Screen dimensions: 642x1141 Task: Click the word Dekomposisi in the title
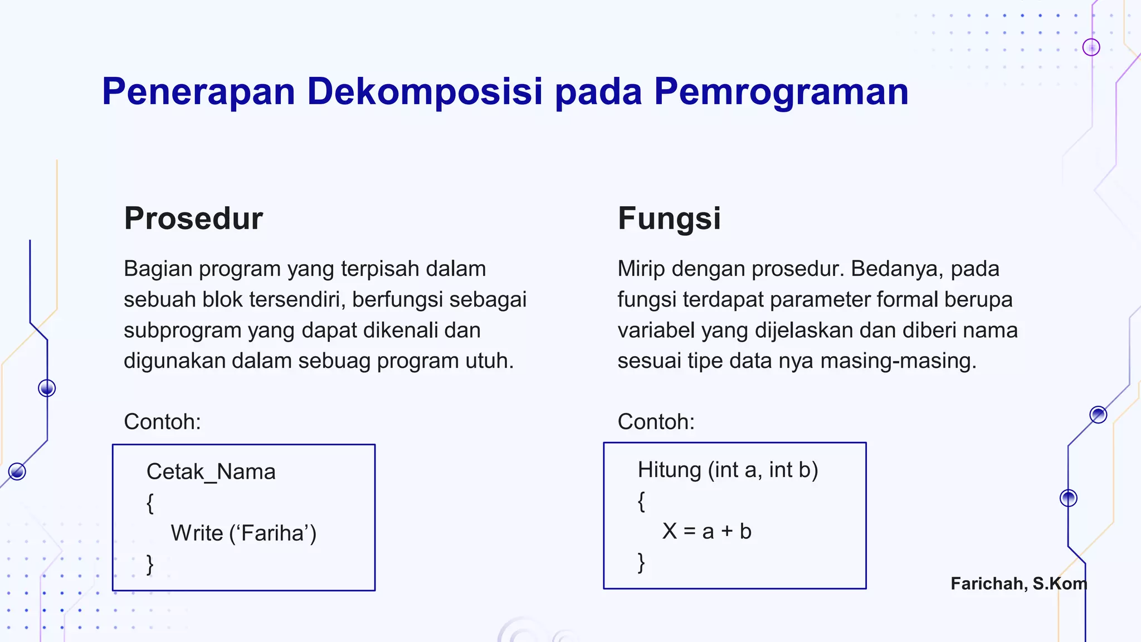pos(425,91)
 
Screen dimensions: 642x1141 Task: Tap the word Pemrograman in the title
pos(781,91)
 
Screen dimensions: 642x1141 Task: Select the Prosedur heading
pos(193,218)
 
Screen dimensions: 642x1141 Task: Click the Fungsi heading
pos(669,218)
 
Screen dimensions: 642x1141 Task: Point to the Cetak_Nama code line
pos(211,472)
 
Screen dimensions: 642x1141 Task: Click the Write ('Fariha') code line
pos(243,533)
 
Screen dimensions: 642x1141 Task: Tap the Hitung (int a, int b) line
pos(728,470)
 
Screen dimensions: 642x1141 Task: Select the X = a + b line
pos(706,531)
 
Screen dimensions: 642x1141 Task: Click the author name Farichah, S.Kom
pos(1018,583)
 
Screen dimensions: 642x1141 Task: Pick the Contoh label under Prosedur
pos(162,422)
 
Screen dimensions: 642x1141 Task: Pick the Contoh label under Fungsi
pos(656,422)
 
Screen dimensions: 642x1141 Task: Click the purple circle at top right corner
pos(1091,47)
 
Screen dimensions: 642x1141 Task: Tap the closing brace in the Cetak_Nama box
pos(150,564)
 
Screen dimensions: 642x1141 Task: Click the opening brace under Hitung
pos(641,502)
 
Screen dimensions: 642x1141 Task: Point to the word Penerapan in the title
pos(198,91)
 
